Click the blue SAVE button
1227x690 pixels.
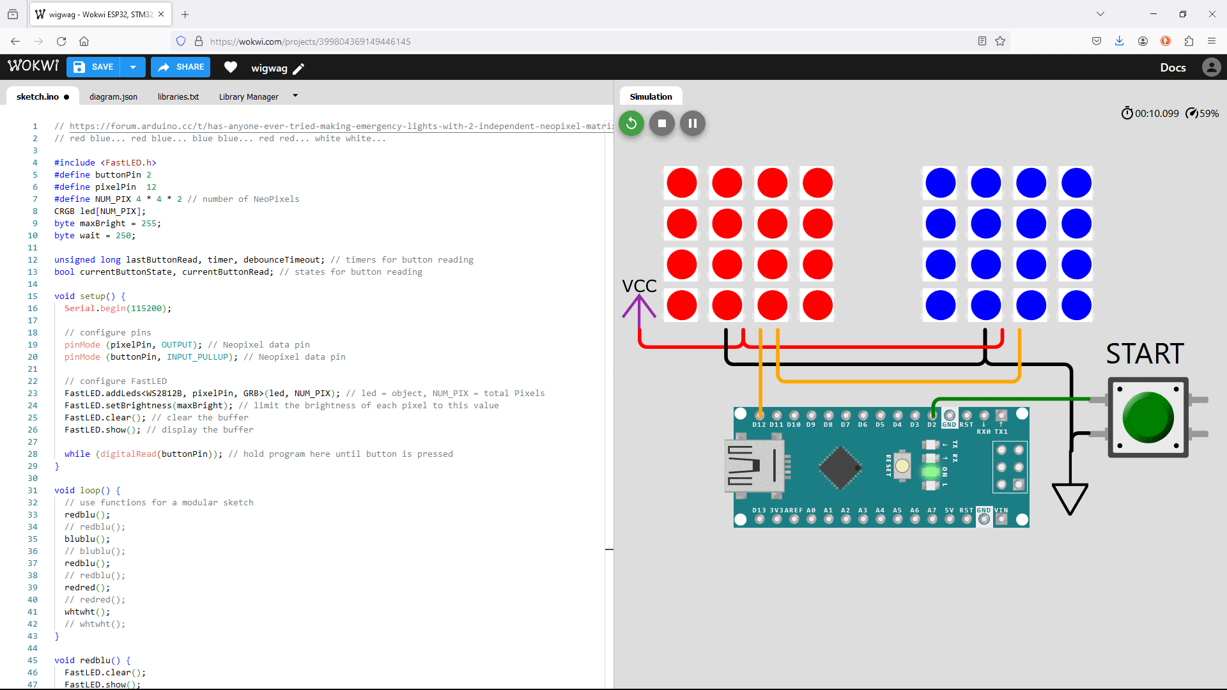[x=95, y=67]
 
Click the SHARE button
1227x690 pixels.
[x=181, y=67]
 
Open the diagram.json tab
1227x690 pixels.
[x=113, y=96]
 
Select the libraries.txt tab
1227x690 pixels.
[x=178, y=96]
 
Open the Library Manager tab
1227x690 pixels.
[x=249, y=96]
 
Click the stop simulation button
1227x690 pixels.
[x=662, y=123]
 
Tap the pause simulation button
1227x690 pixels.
[x=693, y=123]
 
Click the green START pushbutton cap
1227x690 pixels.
[x=1148, y=417]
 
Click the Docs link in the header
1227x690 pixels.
[x=1173, y=67]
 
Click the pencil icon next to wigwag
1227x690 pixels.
[x=298, y=68]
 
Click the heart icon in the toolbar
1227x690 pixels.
[x=231, y=67]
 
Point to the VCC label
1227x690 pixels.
[x=639, y=286]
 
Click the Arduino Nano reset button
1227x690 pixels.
[x=902, y=466]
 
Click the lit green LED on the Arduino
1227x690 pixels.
[x=930, y=472]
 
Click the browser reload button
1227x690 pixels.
[x=61, y=42]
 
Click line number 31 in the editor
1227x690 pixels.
[x=33, y=491]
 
